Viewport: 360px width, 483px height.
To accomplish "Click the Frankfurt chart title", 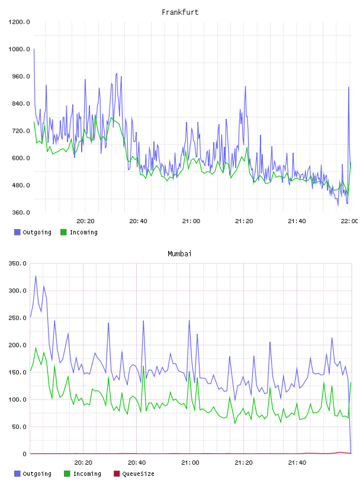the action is (x=180, y=12).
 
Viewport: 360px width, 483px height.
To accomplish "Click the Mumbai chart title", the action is (x=179, y=254).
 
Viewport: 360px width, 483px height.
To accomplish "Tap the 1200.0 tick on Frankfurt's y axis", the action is (x=19, y=22).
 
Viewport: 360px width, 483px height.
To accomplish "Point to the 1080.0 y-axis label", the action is (x=19, y=49).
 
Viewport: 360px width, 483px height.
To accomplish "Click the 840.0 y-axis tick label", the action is (x=21, y=104).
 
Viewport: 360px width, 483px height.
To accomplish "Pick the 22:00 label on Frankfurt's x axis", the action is (x=349, y=221).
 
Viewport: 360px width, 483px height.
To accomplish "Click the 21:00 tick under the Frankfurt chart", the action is (x=191, y=221).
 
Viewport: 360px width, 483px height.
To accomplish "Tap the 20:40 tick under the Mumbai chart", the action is (x=137, y=463).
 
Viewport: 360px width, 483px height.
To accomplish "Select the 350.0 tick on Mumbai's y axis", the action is (x=17, y=263).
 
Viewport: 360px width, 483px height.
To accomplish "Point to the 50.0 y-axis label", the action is (x=19, y=427).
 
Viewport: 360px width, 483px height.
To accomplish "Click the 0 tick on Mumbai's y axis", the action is (x=24, y=454).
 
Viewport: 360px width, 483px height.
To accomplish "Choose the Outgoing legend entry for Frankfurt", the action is (x=33, y=232).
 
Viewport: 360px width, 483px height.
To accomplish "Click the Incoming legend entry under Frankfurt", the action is (x=79, y=232).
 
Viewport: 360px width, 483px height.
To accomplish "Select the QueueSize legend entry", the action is (x=134, y=474).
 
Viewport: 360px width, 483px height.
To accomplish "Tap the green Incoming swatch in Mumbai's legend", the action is (x=67, y=474).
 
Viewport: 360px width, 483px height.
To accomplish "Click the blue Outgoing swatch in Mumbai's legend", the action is (x=17, y=474).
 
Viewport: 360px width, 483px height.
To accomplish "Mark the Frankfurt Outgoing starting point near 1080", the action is (x=34, y=49).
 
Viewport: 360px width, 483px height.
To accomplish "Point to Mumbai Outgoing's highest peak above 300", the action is (x=36, y=276).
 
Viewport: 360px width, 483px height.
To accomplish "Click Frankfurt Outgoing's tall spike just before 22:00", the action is (x=349, y=87).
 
